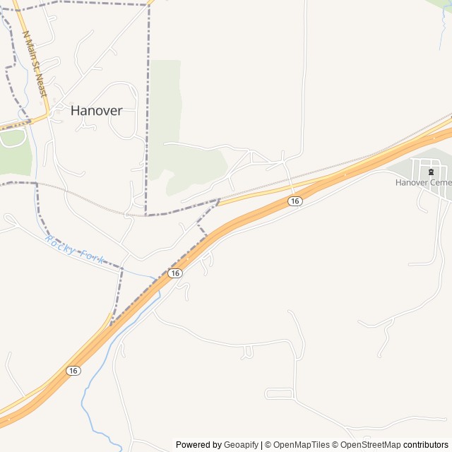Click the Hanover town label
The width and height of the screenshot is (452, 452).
96,111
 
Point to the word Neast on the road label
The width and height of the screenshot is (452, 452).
42,85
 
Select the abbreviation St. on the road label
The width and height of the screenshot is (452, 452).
37,71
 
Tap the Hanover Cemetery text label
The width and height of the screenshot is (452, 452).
423,182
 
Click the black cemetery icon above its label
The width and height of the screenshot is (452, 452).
431,171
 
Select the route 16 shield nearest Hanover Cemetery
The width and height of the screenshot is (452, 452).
295,201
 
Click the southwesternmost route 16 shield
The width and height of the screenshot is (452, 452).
73,371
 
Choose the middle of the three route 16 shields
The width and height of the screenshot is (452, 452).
175,273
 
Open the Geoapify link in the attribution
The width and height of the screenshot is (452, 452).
241,445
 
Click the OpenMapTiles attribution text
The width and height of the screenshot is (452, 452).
301,445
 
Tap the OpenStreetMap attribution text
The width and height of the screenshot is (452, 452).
371,445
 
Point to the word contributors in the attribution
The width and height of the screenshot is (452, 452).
426,445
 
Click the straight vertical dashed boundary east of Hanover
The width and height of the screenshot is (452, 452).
148,106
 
